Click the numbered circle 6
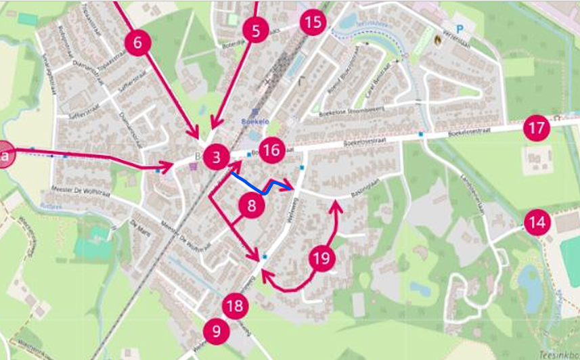pyautogui.click(x=138, y=44)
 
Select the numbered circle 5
pyautogui.click(x=255, y=30)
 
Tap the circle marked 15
pyautogui.click(x=313, y=22)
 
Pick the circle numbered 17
pyautogui.click(x=537, y=128)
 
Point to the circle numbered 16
pyautogui.click(x=271, y=150)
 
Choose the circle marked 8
pyautogui.click(x=252, y=206)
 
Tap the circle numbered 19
pyautogui.click(x=323, y=257)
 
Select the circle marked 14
pyautogui.click(x=537, y=222)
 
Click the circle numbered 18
pyautogui.click(x=234, y=306)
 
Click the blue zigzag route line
pyautogui.click(x=265, y=187)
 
